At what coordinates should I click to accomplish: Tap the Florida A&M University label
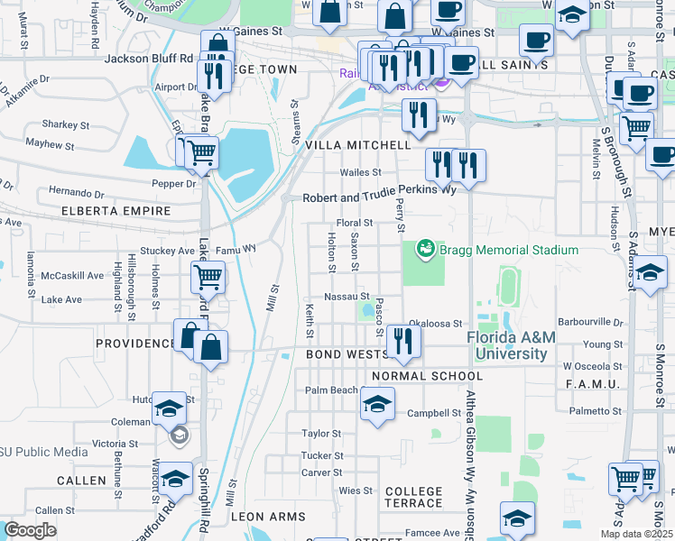click(511, 345)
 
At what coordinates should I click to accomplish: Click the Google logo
click(30, 530)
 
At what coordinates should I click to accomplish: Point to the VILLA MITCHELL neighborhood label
click(358, 145)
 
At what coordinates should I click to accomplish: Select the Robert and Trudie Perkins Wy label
click(379, 198)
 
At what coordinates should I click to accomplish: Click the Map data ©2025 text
click(635, 534)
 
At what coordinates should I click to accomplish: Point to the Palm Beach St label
click(331, 390)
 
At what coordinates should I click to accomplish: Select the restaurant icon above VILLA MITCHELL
click(418, 113)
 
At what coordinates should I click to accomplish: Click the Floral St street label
click(355, 222)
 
